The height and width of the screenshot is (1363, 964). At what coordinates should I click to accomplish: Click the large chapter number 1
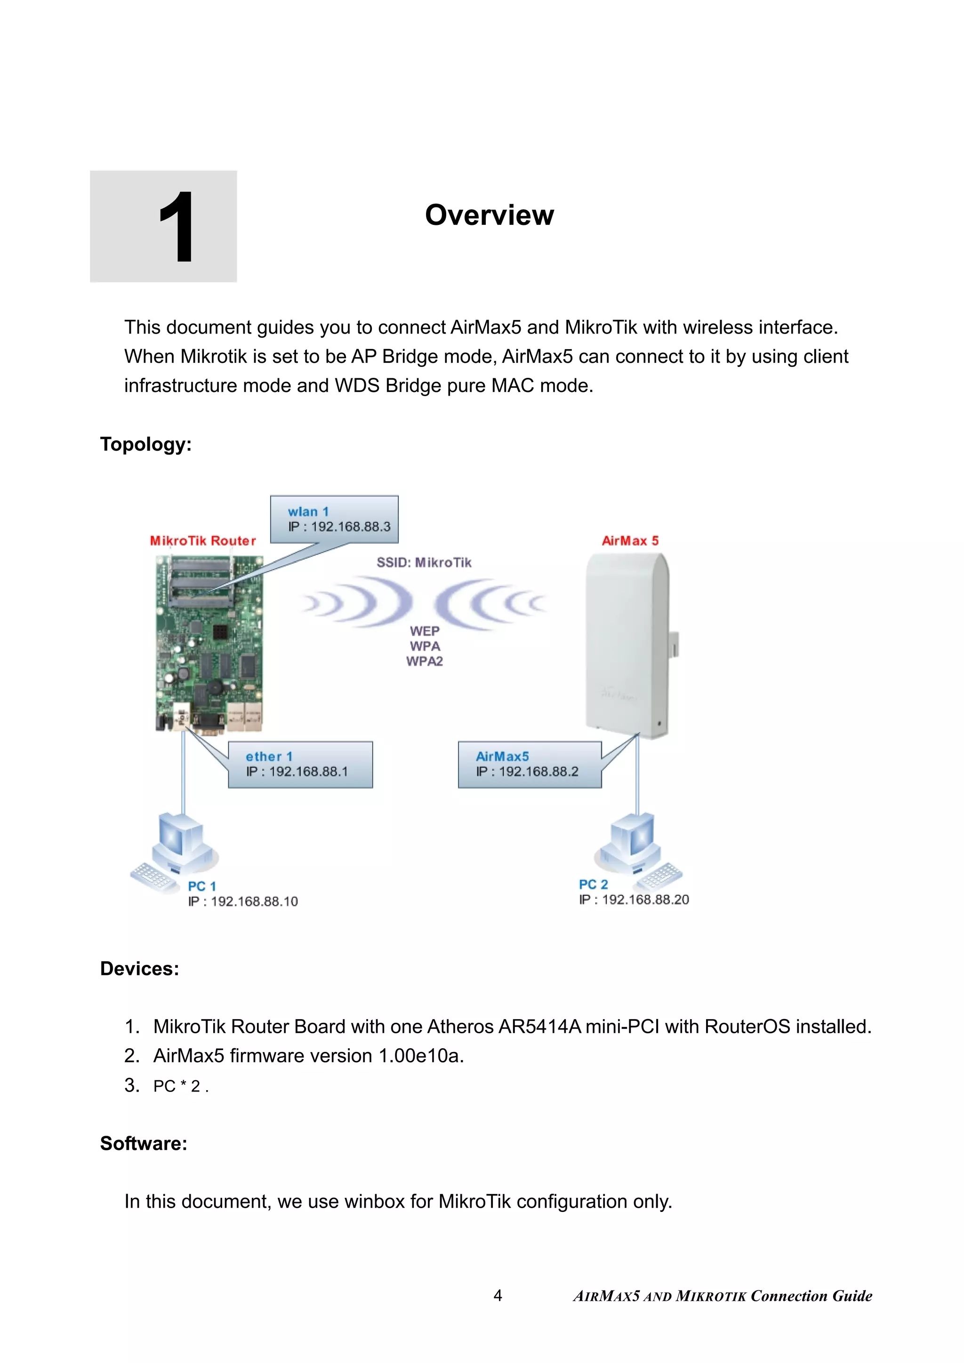coord(177,227)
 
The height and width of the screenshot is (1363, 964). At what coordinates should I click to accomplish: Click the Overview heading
coord(489,215)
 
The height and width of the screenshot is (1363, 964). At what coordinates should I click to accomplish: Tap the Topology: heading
coord(145,444)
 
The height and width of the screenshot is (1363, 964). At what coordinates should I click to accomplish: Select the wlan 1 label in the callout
coord(308,512)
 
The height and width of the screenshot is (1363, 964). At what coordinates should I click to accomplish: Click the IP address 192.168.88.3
coord(350,526)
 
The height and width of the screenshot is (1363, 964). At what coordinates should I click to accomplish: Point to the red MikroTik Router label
coord(202,541)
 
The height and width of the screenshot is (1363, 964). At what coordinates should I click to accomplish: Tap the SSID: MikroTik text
coord(424,562)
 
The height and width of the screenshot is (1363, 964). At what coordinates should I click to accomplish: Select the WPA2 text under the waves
coord(424,662)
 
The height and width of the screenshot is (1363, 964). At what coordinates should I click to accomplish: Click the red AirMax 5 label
coord(630,541)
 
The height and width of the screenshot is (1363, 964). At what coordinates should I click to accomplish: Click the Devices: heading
coord(139,969)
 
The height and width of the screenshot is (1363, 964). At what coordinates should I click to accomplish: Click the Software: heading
coord(143,1143)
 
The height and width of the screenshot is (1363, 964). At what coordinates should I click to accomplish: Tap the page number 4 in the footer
coord(498,1296)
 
